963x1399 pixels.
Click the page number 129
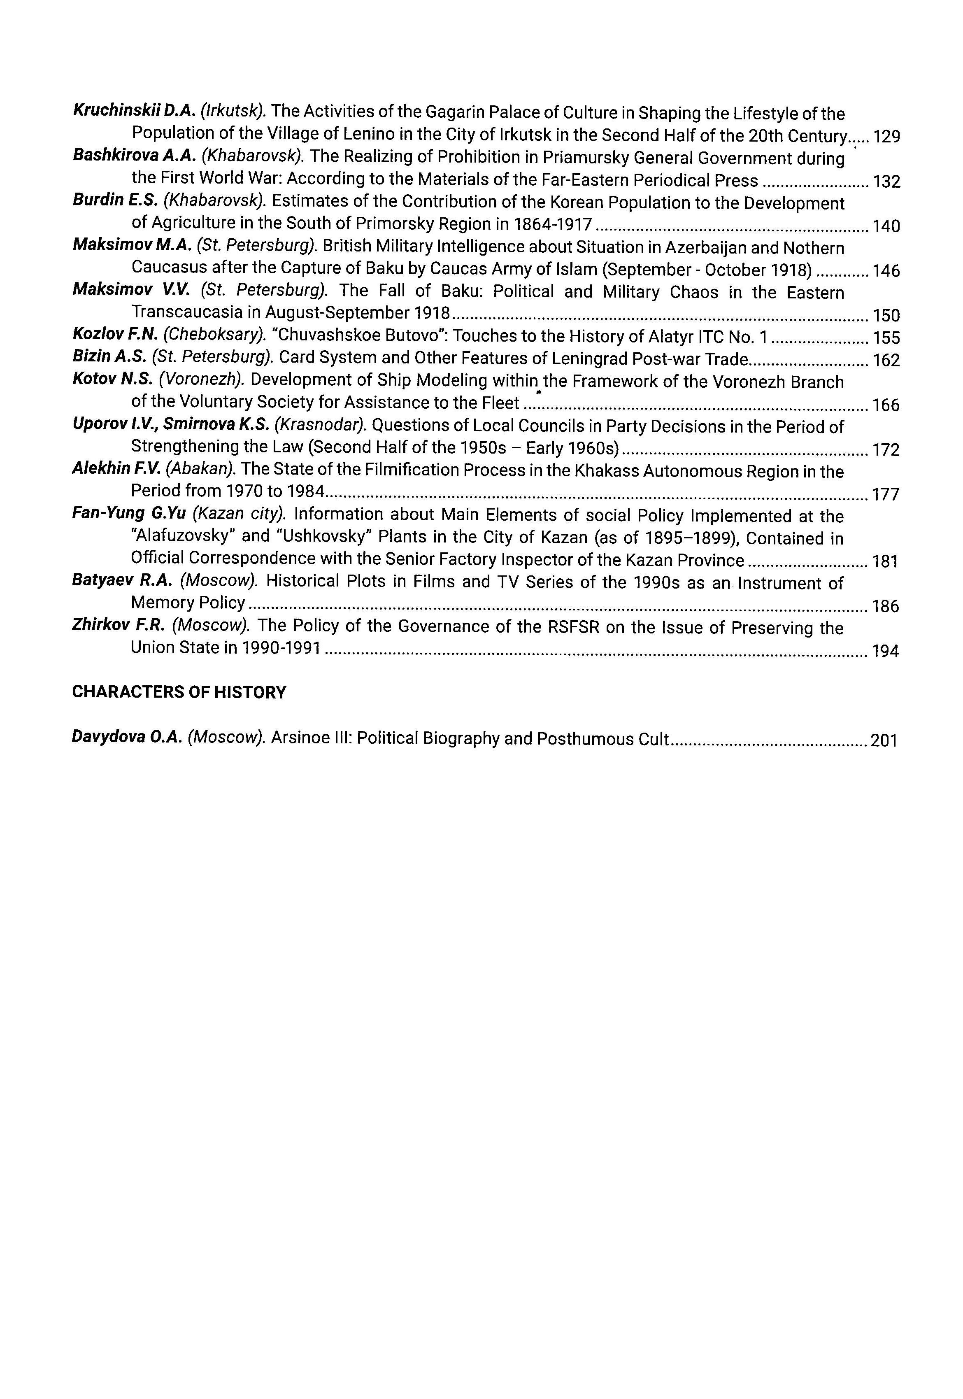886,137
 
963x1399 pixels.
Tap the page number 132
886,182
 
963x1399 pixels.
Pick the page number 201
884,740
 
